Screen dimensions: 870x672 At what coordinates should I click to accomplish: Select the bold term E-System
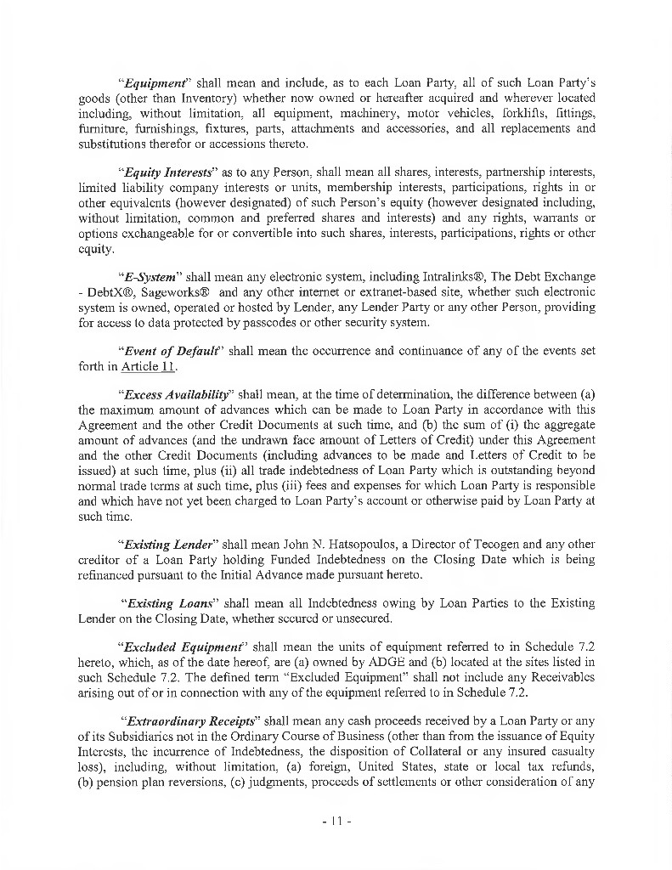pos(150,277)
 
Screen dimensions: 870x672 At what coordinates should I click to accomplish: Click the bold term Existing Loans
pos(167,602)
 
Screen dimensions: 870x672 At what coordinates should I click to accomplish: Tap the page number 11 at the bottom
pos(336,822)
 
